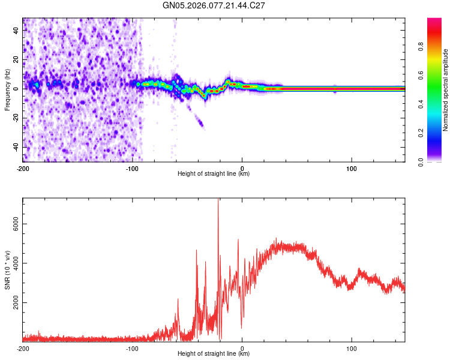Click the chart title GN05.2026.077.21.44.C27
(x=214, y=5)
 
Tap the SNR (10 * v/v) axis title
(x=7, y=269)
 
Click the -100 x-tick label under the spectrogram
(x=132, y=167)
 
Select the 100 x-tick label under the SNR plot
(x=351, y=347)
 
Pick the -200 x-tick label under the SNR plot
(x=23, y=347)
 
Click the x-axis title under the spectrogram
(x=214, y=174)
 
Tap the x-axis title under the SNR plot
(x=214, y=354)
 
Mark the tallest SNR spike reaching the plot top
(x=218, y=202)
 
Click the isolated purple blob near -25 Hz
(x=200, y=124)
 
